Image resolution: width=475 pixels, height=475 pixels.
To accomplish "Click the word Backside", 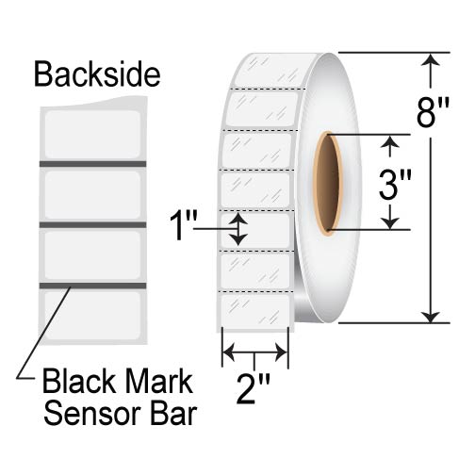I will (x=96, y=74).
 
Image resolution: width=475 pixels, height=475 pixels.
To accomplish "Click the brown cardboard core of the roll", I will (x=327, y=184).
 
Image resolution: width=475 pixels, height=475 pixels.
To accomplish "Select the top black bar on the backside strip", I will (x=92, y=164).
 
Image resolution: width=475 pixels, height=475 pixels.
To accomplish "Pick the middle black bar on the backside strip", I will (x=92, y=224).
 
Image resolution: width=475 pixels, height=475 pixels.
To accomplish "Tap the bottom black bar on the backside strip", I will (x=92, y=285).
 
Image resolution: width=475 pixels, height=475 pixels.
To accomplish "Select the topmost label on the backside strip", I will (x=92, y=133).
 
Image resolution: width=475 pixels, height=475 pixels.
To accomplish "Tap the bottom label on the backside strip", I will (x=92, y=312).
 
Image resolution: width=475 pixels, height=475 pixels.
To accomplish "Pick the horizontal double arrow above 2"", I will (x=254, y=353).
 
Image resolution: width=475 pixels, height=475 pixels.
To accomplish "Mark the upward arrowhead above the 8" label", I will (x=433, y=62).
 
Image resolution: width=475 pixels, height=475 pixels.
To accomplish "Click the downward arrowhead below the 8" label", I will (x=433, y=315).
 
